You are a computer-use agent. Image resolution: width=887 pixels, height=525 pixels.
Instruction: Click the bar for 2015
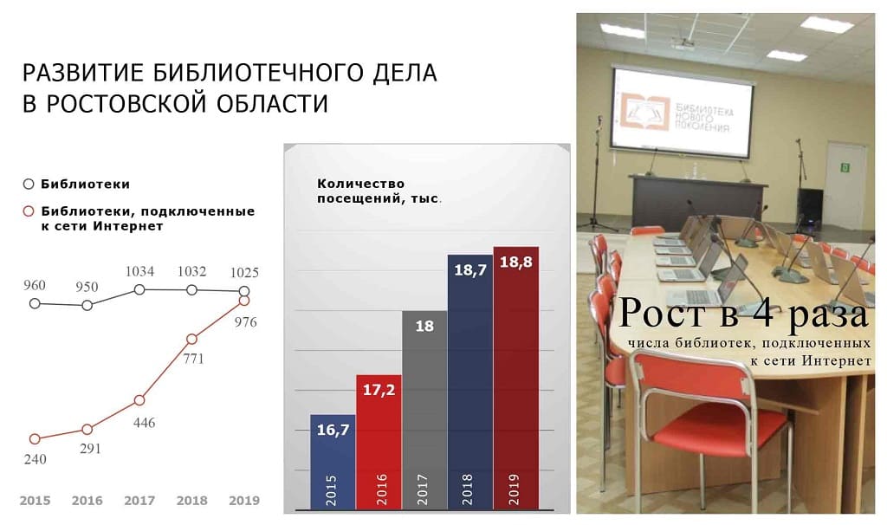coord(333,462)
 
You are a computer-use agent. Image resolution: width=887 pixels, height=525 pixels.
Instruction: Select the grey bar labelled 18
coord(424,410)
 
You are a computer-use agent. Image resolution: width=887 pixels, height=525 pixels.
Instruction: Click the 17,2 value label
coord(379,390)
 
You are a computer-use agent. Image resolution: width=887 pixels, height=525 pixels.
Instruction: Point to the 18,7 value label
coord(470,269)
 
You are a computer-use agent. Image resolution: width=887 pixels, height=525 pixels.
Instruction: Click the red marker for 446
coord(139,400)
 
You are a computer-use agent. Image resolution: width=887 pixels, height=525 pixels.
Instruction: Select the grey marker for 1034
coord(139,289)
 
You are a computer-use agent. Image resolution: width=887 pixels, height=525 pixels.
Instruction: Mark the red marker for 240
coord(35,438)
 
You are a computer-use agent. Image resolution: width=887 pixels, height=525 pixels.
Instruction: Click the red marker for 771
coord(191,339)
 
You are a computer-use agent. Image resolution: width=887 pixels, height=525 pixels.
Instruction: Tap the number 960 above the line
coord(35,285)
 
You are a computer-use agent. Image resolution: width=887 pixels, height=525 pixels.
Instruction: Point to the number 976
coord(245,322)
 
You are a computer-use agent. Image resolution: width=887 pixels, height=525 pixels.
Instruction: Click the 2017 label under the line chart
coord(139,500)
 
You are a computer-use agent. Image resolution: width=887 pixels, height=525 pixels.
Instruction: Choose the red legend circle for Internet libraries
coord(29,211)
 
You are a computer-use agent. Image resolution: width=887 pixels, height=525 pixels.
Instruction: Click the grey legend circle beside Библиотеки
coord(29,184)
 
